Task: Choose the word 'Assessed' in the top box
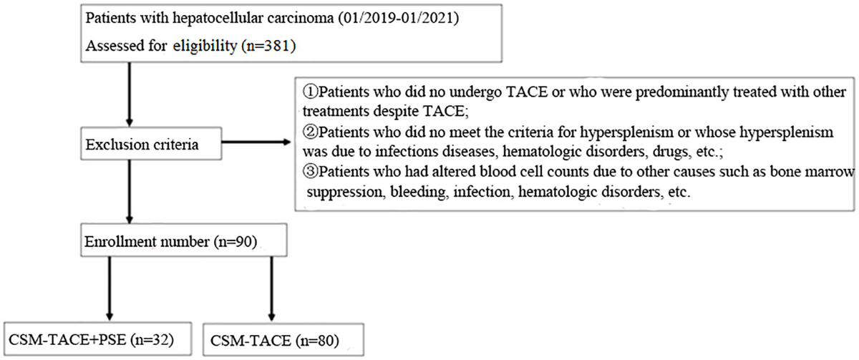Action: pos(110,46)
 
